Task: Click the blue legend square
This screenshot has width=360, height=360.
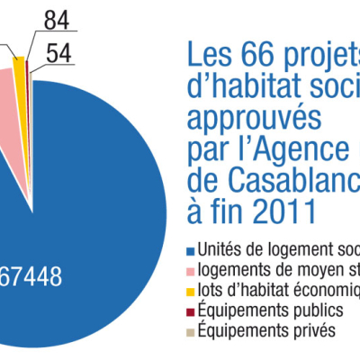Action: click(191, 250)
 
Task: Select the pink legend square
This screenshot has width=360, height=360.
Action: click(191, 270)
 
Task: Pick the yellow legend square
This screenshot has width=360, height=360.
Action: click(191, 290)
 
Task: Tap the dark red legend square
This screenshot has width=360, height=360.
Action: click(191, 310)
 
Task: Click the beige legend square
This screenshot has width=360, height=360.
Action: click(191, 330)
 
